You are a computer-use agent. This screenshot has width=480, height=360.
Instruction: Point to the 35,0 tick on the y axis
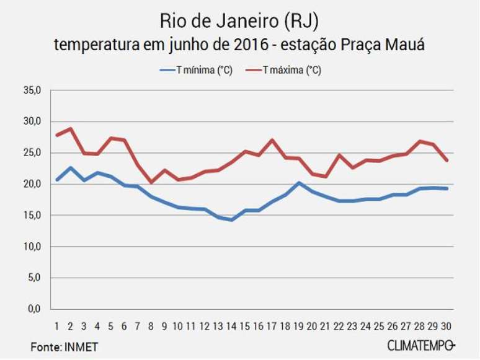[33, 90]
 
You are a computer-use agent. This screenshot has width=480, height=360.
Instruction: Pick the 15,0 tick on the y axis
[33, 216]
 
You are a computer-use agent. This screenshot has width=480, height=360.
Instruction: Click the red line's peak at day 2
[70, 129]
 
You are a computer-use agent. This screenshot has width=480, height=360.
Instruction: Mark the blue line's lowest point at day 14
[231, 220]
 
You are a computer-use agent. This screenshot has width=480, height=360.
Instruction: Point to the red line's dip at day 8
[151, 182]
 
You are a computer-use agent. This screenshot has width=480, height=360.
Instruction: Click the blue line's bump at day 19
[298, 183]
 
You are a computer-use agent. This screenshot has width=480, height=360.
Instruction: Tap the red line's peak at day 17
[272, 140]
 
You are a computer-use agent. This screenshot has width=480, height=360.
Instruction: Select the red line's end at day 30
[446, 160]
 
